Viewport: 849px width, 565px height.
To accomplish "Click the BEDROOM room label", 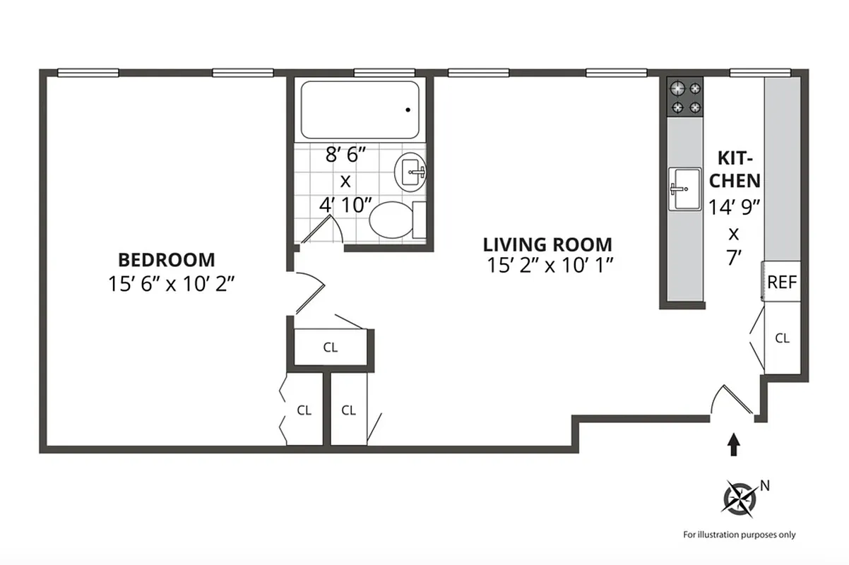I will click(x=167, y=259).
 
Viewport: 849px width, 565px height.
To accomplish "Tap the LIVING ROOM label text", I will click(x=547, y=245).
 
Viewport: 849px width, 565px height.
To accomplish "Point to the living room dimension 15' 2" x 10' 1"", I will click(x=548, y=266).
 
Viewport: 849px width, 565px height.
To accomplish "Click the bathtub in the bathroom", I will click(x=360, y=110).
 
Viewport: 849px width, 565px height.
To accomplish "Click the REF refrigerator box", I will click(x=782, y=282).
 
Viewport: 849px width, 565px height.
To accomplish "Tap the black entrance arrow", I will click(x=735, y=444).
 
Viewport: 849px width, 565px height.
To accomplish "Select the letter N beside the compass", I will click(x=764, y=485).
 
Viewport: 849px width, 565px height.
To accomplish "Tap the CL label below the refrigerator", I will click(x=782, y=338).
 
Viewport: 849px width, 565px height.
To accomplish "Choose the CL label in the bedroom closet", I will click(x=304, y=410).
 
